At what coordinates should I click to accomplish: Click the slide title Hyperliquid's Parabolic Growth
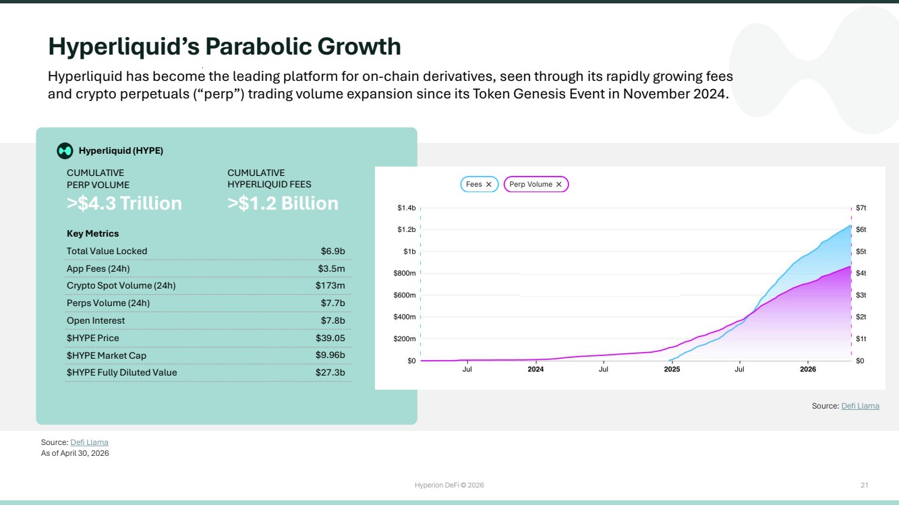[x=225, y=47]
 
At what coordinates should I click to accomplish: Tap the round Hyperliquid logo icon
[x=65, y=151]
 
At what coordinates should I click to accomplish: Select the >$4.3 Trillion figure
[x=124, y=203]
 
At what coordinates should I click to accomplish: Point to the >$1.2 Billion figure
[x=283, y=203]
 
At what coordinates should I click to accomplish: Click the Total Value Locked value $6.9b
[x=332, y=251]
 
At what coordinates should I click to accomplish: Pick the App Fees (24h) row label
[x=98, y=269]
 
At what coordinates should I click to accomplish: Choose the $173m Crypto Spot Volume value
[x=330, y=286]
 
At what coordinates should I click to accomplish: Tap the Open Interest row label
[x=96, y=320]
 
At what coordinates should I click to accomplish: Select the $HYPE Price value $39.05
[x=330, y=338]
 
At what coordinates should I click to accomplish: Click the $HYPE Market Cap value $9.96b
[x=330, y=355]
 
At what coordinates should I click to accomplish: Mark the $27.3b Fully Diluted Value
[x=330, y=373]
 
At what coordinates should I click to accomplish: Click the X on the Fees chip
[x=488, y=184]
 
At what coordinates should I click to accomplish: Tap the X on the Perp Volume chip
[x=558, y=184]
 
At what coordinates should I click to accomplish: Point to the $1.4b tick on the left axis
[x=406, y=208]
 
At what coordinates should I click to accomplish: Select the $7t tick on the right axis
[x=861, y=208]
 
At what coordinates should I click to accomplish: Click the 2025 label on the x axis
[x=672, y=369]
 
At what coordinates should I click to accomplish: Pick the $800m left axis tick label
[x=405, y=273]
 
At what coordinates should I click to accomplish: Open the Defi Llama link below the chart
[x=860, y=406]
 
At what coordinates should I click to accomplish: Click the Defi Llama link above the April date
[x=89, y=442]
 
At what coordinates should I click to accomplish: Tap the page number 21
[x=864, y=485]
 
